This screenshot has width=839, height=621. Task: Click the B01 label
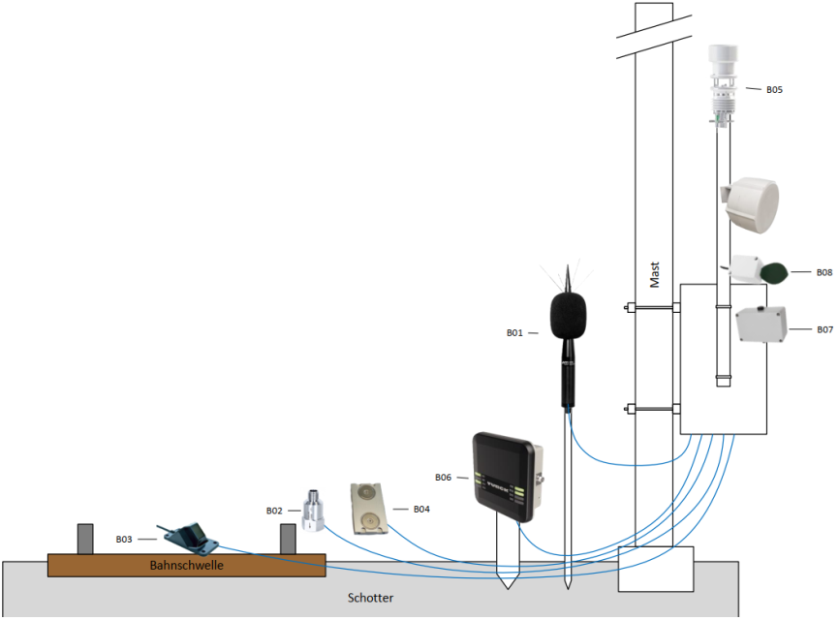[x=514, y=332]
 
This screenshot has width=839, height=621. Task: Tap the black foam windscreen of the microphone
[x=569, y=315]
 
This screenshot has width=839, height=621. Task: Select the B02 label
[x=274, y=511]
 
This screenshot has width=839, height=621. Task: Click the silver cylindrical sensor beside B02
[x=313, y=511]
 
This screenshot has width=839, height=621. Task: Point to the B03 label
[x=124, y=540]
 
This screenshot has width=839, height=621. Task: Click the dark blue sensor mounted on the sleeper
[x=190, y=538]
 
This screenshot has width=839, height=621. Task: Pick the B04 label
[x=421, y=510]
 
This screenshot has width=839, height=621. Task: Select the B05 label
[x=774, y=90]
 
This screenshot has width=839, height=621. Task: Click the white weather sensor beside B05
[x=724, y=85]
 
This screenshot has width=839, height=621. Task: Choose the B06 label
[x=443, y=477]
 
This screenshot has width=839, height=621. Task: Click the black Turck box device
[x=508, y=477]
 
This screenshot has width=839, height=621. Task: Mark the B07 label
[x=824, y=329]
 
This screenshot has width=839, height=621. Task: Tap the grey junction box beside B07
[x=761, y=324]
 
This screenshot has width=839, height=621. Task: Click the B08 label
[x=824, y=272]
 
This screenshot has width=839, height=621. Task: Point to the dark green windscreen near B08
[x=773, y=273]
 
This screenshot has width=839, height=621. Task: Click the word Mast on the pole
[x=654, y=274]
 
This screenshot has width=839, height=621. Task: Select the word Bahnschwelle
[x=186, y=566]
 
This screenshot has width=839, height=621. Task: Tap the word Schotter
[x=370, y=598]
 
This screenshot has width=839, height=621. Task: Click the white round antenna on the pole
[x=750, y=205]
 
